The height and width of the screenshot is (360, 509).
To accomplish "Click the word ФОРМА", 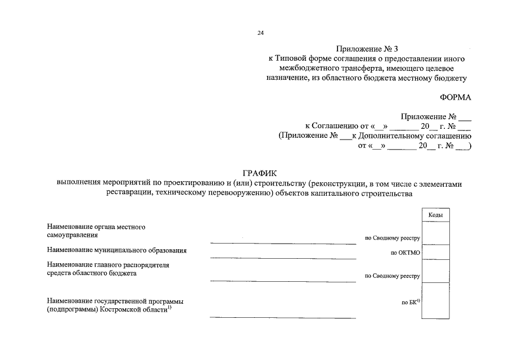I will [456, 97].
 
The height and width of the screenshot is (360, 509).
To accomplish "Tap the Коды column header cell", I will [435, 215].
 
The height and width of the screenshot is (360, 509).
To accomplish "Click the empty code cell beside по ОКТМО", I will [435, 252].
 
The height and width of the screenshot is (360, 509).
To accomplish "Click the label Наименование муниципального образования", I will [117, 250].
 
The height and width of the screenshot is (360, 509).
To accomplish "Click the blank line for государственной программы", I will [283, 316].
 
